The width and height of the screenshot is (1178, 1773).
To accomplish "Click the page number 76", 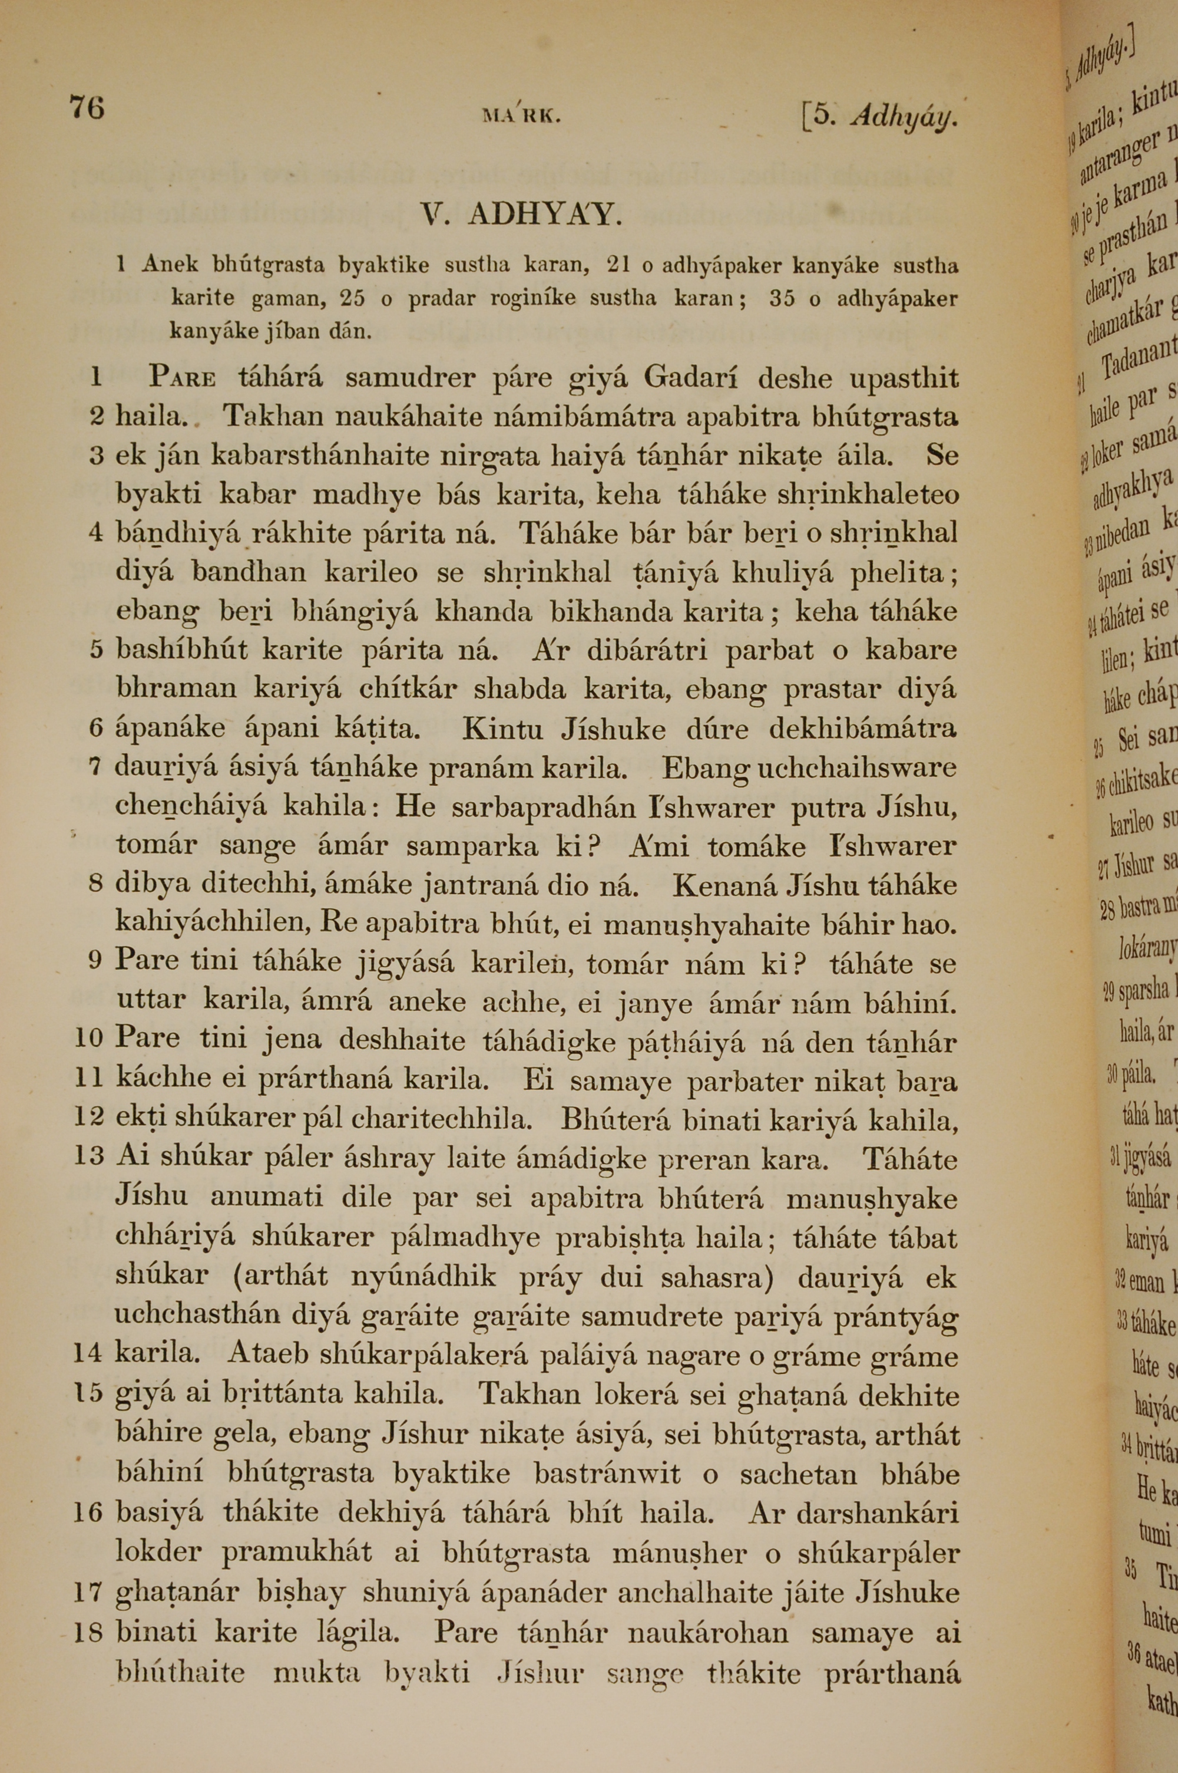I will point(87,107).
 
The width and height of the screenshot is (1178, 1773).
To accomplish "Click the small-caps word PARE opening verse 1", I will point(182,376).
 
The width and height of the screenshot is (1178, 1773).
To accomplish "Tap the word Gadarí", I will point(690,376).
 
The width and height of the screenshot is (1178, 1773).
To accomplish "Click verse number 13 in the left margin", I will point(89,1156).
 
